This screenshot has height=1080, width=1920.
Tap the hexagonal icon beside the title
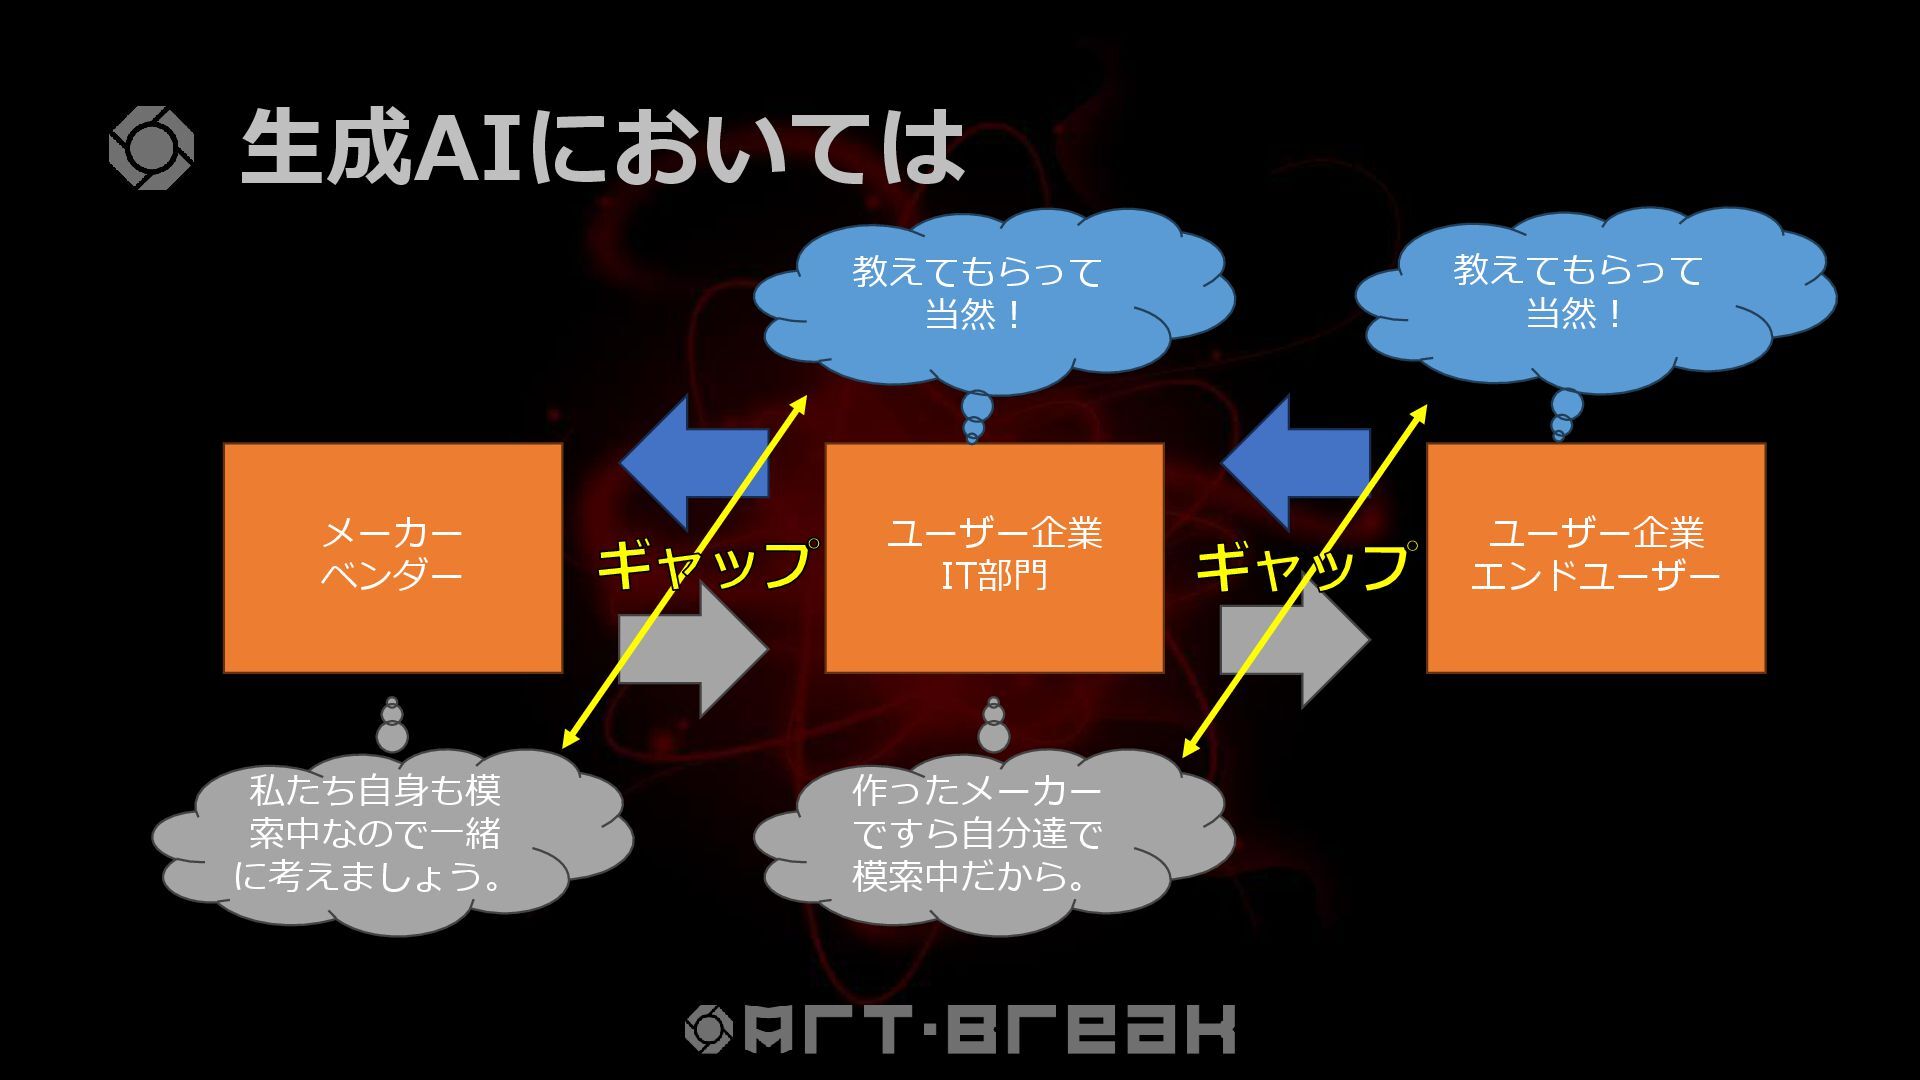151,148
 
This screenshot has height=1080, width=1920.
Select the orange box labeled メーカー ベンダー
393,557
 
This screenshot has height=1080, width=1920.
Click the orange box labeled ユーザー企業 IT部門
994,557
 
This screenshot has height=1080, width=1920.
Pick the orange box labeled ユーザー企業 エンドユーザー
1595,557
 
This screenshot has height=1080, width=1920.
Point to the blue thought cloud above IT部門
993,295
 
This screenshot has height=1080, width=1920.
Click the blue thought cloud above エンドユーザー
1594,295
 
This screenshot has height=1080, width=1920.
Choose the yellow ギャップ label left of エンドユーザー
1302,565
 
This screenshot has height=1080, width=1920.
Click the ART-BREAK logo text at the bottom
990,1029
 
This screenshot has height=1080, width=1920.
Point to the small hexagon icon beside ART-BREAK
708,1029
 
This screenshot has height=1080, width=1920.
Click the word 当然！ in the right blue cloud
1574,315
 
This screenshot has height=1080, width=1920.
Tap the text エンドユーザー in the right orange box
1595,577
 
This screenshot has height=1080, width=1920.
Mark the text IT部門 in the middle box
994,577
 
